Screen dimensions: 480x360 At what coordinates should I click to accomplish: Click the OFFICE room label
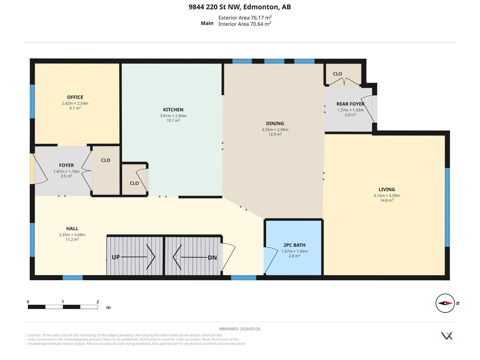75,97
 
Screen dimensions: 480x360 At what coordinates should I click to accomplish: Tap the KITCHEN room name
173,110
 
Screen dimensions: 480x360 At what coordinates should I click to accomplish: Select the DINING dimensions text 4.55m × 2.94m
275,130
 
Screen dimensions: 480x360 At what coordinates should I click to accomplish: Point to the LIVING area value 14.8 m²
387,200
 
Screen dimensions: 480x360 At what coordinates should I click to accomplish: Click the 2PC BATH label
294,245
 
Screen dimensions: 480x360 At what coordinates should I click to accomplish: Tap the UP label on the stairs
116,257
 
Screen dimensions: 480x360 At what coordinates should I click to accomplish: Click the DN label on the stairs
212,257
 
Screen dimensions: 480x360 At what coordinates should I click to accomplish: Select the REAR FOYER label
350,104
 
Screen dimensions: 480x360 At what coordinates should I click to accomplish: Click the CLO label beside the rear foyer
337,74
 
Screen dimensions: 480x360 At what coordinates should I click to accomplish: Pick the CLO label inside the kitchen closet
134,183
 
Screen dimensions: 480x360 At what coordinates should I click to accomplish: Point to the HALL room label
72,229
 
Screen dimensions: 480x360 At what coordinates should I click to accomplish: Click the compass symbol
445,303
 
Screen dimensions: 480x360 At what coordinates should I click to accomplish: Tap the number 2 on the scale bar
97,301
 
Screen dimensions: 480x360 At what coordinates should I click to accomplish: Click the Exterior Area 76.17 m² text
245,17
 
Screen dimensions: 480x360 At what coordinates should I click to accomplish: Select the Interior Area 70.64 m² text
244,24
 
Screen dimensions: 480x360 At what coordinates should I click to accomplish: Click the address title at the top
240,7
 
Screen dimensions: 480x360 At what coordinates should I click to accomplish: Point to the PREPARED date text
240,329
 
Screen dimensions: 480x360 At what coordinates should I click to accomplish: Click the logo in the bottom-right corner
446,336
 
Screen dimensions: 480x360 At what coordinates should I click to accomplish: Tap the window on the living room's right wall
447,207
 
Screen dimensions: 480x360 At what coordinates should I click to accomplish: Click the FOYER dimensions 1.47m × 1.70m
66,172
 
